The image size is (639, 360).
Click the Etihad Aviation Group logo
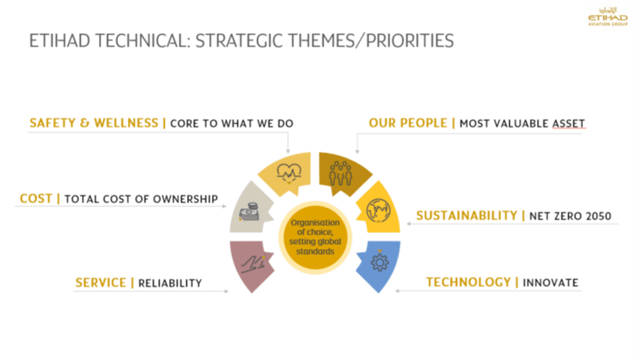point(608,17)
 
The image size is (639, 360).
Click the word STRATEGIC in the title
point(238,41)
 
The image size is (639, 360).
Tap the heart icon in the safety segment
point(289,172)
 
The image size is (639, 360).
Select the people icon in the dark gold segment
point(340,174)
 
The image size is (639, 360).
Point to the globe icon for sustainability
point(378,210)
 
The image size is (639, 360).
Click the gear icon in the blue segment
point(380,261)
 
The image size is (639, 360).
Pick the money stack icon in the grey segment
point(250,212)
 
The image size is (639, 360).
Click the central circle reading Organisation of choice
point(315,237)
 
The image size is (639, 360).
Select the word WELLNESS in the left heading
point(126,123)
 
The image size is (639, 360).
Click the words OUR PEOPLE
point(408,123)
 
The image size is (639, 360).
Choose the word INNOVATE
point(550,283)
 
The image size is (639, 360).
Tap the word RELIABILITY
point(170,283)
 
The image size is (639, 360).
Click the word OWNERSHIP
point(185,199)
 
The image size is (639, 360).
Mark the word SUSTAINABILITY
point(467,215)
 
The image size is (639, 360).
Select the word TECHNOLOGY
point(468,282)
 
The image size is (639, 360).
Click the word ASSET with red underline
point(569,123)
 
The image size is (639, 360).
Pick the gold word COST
point(36,198)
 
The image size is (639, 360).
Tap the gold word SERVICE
point(101,283)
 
